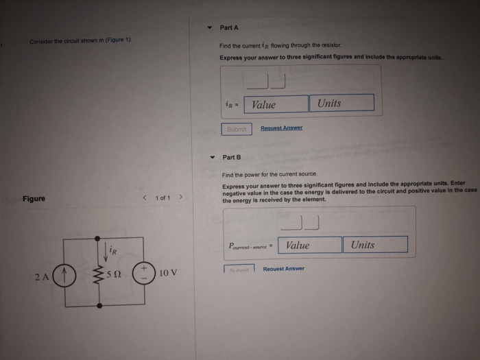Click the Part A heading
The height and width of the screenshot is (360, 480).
pos(229,27)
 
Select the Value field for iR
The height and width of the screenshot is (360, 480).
pos(276,104)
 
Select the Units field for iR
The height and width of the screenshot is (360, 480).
pos(341,104)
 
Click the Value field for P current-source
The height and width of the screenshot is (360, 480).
pos(310,245)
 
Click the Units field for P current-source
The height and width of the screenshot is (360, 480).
pos(376,245)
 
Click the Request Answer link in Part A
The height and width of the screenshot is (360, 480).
pos(281,128)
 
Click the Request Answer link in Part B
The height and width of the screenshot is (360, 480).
pos(283,269)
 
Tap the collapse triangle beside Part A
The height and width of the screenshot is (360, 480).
pos(210,28)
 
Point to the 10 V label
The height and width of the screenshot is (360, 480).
pos(168,272)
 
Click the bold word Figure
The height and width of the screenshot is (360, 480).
pos(34,199)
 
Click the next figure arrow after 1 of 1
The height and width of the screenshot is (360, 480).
pos(180,198)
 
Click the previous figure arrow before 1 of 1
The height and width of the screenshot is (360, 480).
pos(144,198)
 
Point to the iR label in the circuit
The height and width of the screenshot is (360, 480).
pos(114,252)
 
